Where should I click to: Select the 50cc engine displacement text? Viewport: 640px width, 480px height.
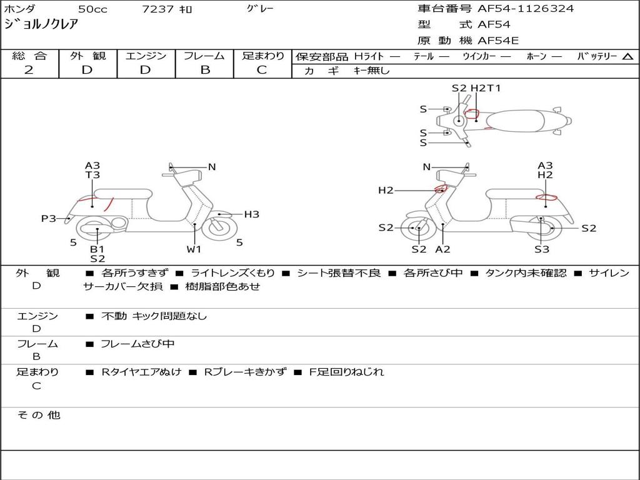92,9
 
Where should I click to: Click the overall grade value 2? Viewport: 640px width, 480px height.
29,70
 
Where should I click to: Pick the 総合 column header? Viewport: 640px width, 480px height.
29,56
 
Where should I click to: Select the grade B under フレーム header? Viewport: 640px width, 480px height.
204,70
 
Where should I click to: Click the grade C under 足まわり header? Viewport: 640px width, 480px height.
262,70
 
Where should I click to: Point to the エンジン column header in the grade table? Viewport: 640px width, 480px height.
146,56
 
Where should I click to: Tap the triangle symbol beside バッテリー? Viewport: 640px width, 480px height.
627,56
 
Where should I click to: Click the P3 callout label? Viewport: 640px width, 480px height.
48,218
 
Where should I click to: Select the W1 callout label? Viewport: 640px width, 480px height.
194,249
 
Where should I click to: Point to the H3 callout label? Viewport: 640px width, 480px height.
251,214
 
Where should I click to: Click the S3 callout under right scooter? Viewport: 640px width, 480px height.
541,249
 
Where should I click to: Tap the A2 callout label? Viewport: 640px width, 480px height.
442,249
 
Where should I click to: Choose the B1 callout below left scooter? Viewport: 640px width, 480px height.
97,249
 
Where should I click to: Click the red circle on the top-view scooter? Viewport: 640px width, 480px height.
473,114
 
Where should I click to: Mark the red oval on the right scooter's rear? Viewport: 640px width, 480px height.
547,198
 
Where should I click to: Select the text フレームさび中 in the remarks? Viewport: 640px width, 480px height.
137,344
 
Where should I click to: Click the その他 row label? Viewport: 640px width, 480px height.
38,415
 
